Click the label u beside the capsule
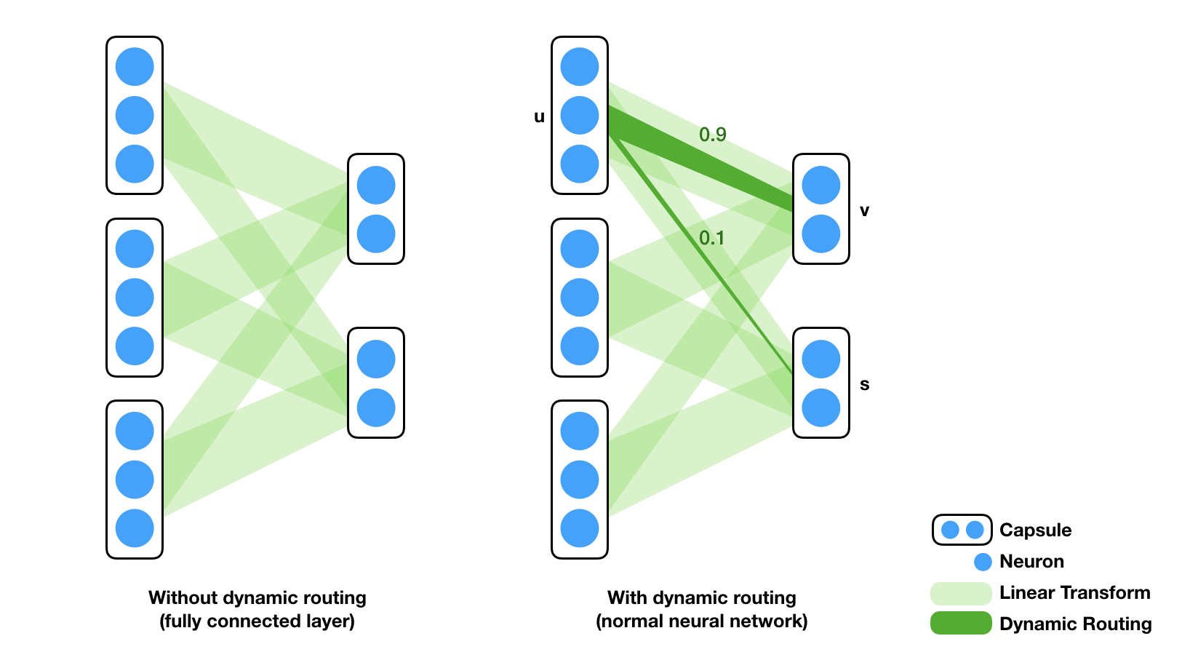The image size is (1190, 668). click(x=539, y=117)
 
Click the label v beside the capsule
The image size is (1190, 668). click(x=864, y=211)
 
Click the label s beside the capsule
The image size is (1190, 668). click(x=864, y=384)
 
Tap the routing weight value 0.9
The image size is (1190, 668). click(x=712, y=135)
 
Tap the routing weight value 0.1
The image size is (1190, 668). click(x=712, y=237)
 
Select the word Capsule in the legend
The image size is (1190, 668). click(x=1035, y=530)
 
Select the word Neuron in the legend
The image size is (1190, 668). click(x=1031, y=561)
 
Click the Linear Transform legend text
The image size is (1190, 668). click(x=1075, y=592)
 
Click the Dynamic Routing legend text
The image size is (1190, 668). click(x=1075, y=624)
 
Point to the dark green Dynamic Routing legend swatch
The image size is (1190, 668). click(x=961, y=623)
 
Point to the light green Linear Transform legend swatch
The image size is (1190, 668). click(x=961, y=593)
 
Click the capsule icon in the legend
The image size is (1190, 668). click(x=962, y=530)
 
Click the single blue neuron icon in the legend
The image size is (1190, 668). click(x=983, y=562)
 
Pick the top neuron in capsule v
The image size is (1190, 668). click(x=820, y=186)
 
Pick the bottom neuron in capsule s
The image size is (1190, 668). click(x=820, y=407)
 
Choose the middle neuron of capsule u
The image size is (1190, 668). click(x=580, y=115)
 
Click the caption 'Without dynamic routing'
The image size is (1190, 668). click(x=257, y=598)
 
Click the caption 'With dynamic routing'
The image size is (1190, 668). click(x=702, y=598)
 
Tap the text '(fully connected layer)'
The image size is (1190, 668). click(x=257, y=621)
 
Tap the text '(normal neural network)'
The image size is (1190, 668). click(x=702, y=621)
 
